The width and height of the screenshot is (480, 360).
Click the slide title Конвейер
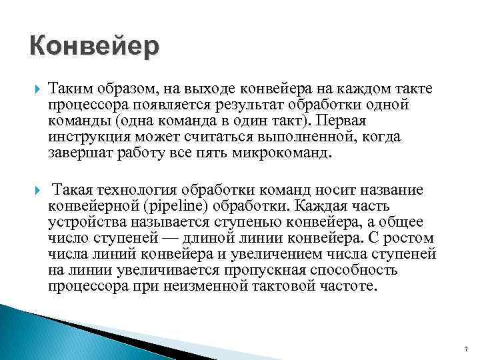pos(95,47)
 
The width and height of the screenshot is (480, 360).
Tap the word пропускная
pos(257,269)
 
